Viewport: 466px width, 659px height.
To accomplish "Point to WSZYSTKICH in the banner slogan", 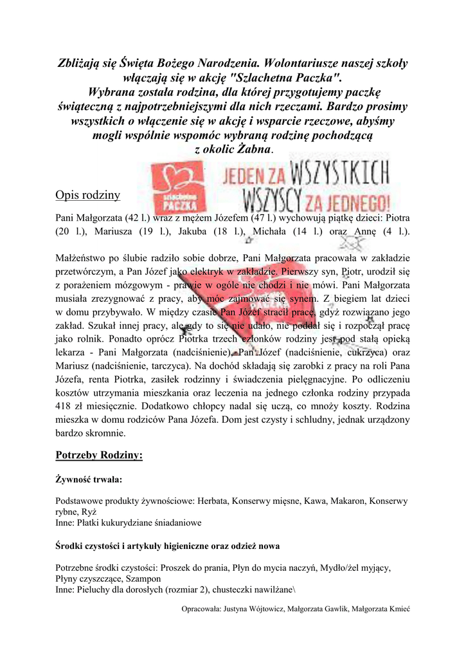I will click(x=341, y=174).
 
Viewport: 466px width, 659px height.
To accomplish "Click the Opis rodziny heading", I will click(x=84, y=195).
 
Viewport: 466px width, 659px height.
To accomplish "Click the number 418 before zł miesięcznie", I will click(x=65, y=406).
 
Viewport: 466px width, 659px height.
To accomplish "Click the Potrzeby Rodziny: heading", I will click(x=99, y=455).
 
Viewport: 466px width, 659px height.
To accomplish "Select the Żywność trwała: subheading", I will click(x=89, y=479).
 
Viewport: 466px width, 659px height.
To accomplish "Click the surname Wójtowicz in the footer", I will click(x=264, y=609).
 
